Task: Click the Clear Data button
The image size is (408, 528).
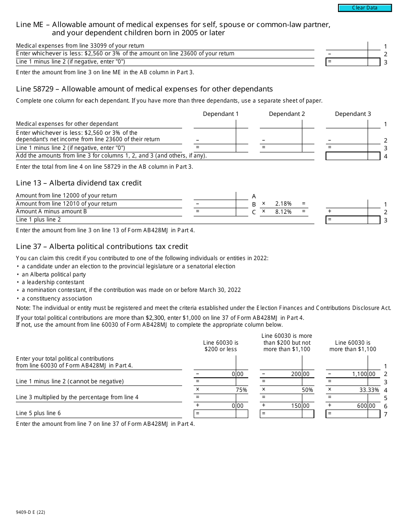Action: pos(365,8)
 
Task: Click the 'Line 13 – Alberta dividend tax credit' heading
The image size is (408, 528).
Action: pos(79,183)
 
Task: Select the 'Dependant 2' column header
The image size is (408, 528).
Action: pos(287,114)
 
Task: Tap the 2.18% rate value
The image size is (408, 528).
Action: pos(283,204)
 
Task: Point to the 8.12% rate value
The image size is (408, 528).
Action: pos(283,212)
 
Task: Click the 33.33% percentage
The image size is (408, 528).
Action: pos(369,390)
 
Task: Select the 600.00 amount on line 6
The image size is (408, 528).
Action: pos(366,406)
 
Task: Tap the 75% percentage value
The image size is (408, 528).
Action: pos(241,390)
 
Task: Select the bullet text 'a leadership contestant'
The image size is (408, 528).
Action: pos(53,282)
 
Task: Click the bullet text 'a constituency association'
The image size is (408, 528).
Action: pos(57,299)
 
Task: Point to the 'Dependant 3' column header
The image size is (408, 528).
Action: pos(353,114)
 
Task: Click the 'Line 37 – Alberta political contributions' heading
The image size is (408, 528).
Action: pos(102,246)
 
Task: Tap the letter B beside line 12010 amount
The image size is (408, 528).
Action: pos(254,204)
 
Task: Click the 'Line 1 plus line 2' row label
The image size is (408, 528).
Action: pos(38,220)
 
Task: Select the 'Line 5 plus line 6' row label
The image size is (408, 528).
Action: pos(38,413)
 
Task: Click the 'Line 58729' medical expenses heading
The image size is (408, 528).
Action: pos(144,89)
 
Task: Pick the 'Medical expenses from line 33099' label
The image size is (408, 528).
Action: pos(80,46)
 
